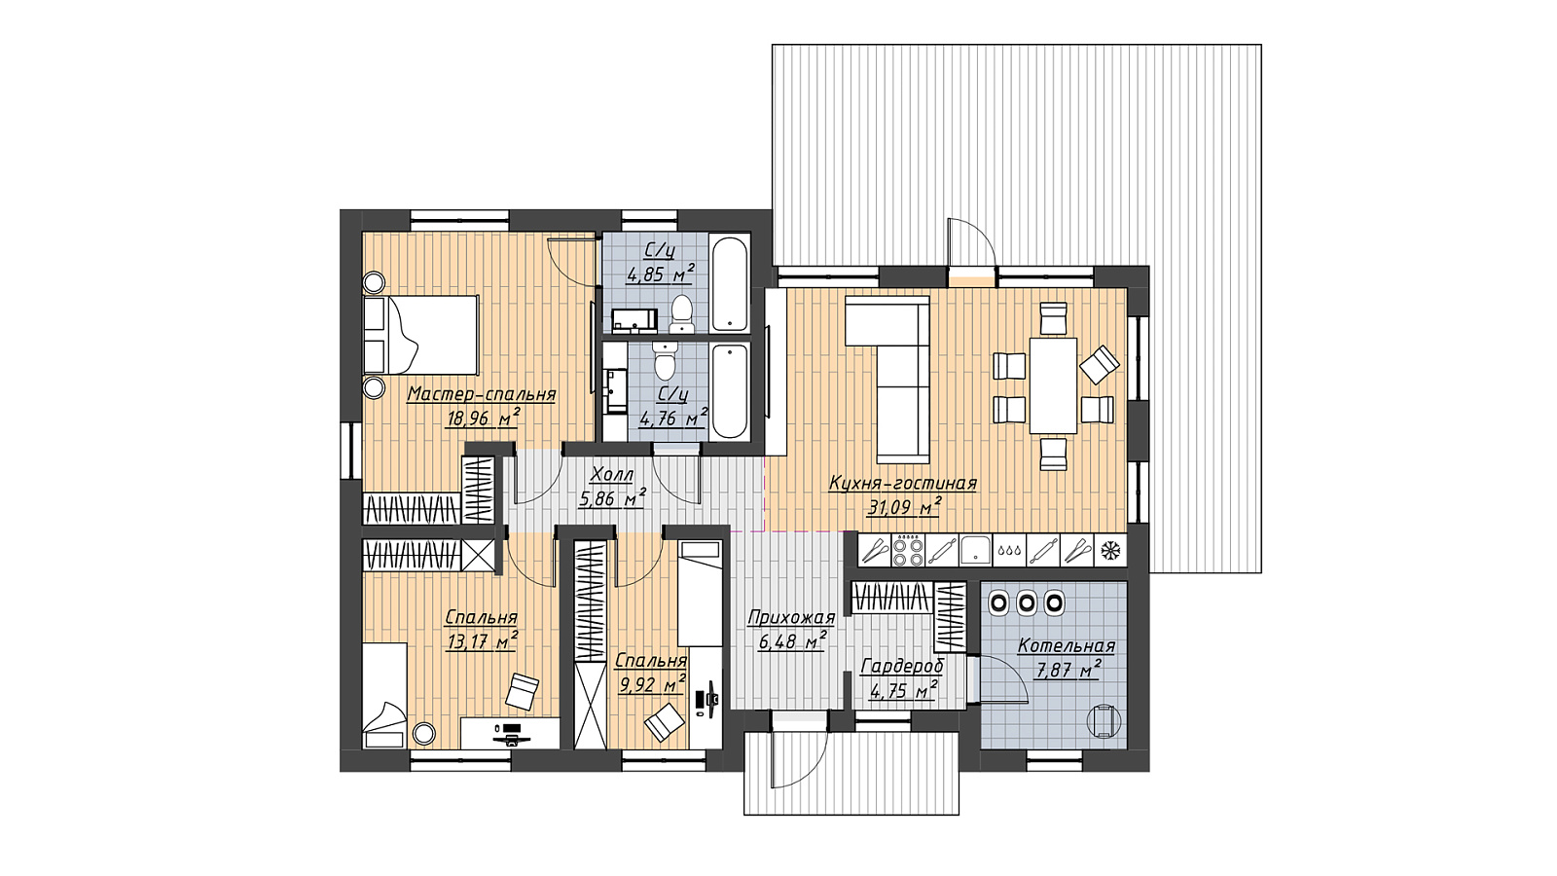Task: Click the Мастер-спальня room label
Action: (x=481, y=394)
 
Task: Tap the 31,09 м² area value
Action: (x=904, y=507)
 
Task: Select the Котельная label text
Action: (x=1067, y=646)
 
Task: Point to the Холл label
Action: (x=612, y=475)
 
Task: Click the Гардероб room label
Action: (x=902, y=667)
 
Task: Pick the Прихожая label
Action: (x=791, y=618)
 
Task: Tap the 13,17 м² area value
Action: (x=482, y=640)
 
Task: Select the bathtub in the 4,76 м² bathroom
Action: (x=730, y=391)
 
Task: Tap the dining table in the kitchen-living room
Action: (x=1053, y=385)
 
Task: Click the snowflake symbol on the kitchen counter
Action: (x=1110, y=550)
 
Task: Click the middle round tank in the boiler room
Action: (x=1027, y=602)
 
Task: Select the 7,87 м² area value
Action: (x=1068, y=670)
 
